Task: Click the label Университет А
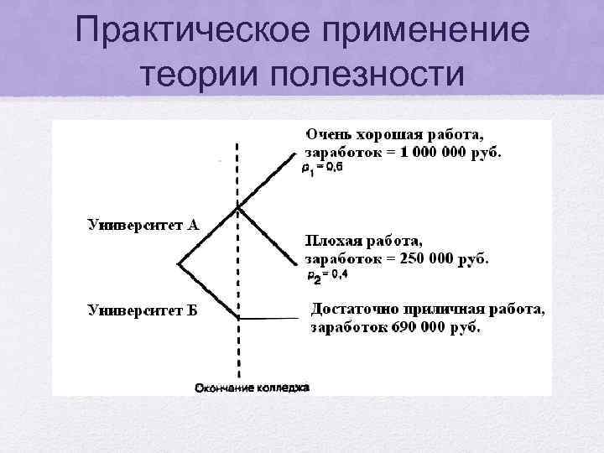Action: point(143,224)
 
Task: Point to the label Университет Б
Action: point(143,310)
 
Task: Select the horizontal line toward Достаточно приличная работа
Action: point(270,317)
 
